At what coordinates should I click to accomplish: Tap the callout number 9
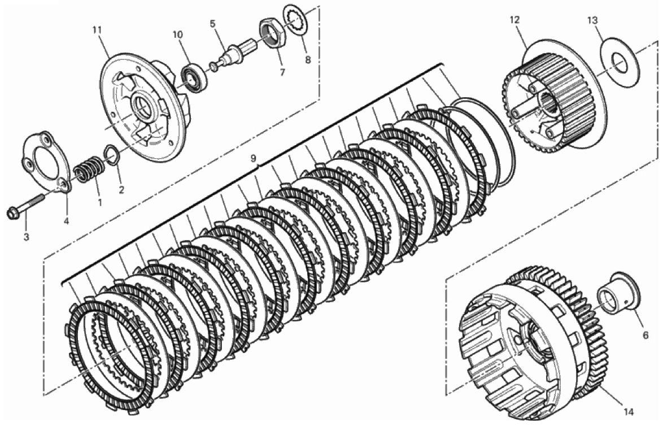[253, 159]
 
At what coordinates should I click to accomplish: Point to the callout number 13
[593, 20]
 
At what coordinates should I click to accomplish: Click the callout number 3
[26, 237]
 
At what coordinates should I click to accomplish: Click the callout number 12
[514, 20]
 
